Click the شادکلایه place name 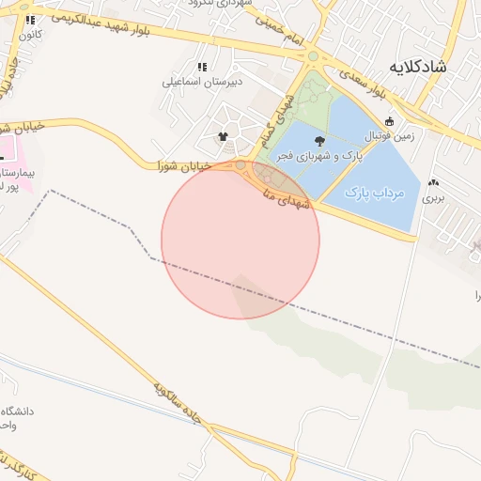(x=428, y=68)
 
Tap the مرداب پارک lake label (x=374, y=194)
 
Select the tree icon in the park (x=320, y=143)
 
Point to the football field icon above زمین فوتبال (x=389, y=121)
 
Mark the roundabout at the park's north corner (x=314, y=56)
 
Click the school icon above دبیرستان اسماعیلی (x=202, y=67)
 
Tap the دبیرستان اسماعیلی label (x=199, y=82)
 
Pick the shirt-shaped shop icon (x=224, y=136)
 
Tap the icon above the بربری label (x=433, y=183)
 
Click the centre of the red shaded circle (x=240, y=240)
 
